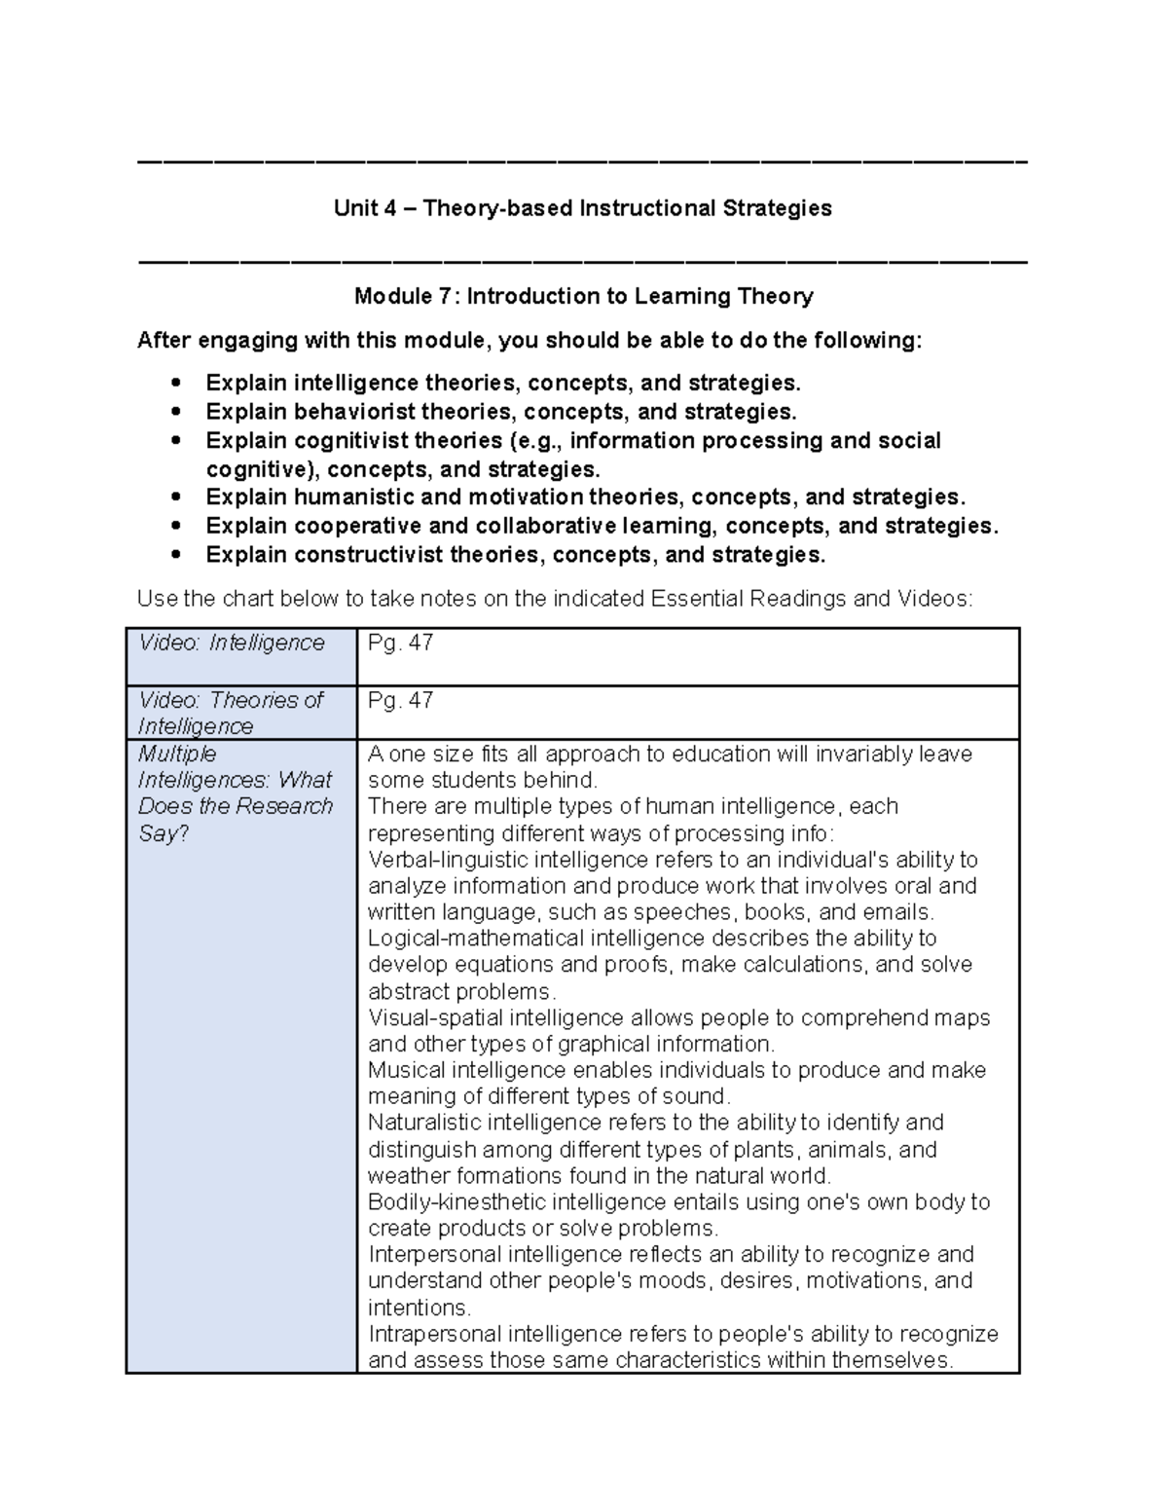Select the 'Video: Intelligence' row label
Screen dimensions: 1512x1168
[x=232, y=644]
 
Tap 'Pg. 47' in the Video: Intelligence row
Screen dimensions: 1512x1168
[x=400, y=644]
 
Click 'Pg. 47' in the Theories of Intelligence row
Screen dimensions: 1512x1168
[x=400, y=701]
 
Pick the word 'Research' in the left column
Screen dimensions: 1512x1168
[x=290, y=807]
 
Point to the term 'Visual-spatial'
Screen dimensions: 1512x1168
[x=435, y=1018]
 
